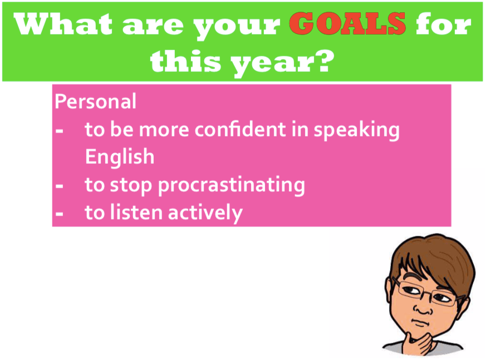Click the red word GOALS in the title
click(347, 23)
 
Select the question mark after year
click(324, 60)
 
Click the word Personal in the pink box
click(95, 101)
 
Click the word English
click(120, 157)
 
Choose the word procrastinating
click(232, 186)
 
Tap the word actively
click(205, 213)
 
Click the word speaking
click(356, 130)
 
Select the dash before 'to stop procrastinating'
click(60, 186)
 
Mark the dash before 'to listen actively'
click(60, 214)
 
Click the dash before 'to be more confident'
click(60, 130)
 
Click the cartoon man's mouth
click(420, 323)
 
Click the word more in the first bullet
click(164, 130)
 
